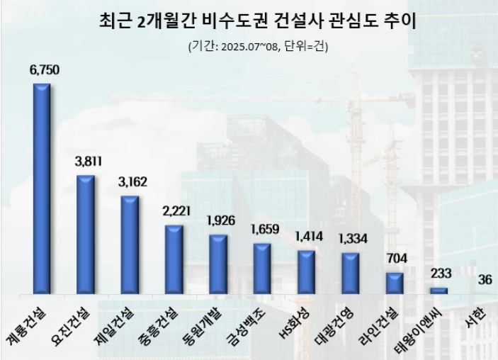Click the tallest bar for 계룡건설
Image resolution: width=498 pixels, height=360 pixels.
click(x=42, y=189)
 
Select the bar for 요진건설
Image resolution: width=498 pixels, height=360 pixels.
click(x=86, y=234)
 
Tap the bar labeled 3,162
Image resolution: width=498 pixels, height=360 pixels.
click(x=130, y=244)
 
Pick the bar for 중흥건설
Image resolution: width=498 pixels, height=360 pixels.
click(x=174, y=259)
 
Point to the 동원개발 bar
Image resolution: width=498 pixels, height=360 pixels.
click(x=218, y=264)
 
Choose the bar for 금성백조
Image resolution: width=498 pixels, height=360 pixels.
click(x=262, y=268)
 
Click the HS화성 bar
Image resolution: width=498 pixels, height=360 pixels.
click(x=306, y=271)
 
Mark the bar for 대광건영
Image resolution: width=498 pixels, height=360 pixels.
click(x=350, y=273)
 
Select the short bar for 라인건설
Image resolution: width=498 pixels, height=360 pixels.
click(x=395, y=283)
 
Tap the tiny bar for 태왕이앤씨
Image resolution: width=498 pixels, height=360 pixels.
click(x=439, y=291)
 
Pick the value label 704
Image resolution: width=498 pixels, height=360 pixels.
click(x=396, y=258)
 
